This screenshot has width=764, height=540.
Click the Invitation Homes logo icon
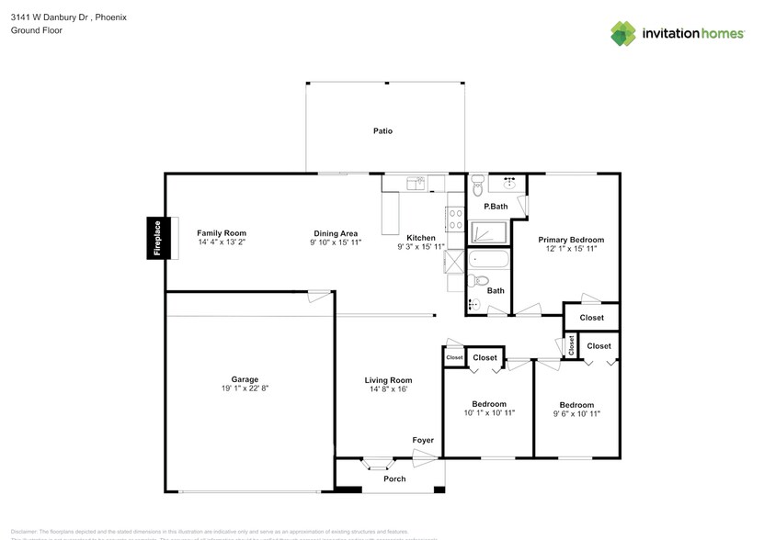click(624, 32)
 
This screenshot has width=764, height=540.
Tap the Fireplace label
click(157, 239)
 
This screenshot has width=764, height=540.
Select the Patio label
click(382, 131)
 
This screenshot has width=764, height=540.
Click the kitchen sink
click(416, 184)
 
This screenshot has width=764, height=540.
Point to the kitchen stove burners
click(454, 219)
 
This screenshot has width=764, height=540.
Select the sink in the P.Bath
click(507, 183)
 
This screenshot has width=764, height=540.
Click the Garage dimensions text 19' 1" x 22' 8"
click(244, 388)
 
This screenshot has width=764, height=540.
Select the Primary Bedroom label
click(571, 240)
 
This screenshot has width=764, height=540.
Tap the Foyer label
click(422, 441)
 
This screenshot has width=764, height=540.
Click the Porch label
click(394, 478)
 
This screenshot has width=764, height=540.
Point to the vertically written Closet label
click(571, 345)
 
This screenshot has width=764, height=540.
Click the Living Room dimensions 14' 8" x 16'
click(388, 389)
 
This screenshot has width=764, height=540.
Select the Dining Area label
click(335, 233)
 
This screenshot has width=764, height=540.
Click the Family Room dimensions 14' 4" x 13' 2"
click(222, 242)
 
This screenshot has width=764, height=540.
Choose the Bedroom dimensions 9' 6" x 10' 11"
click(576, 414)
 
